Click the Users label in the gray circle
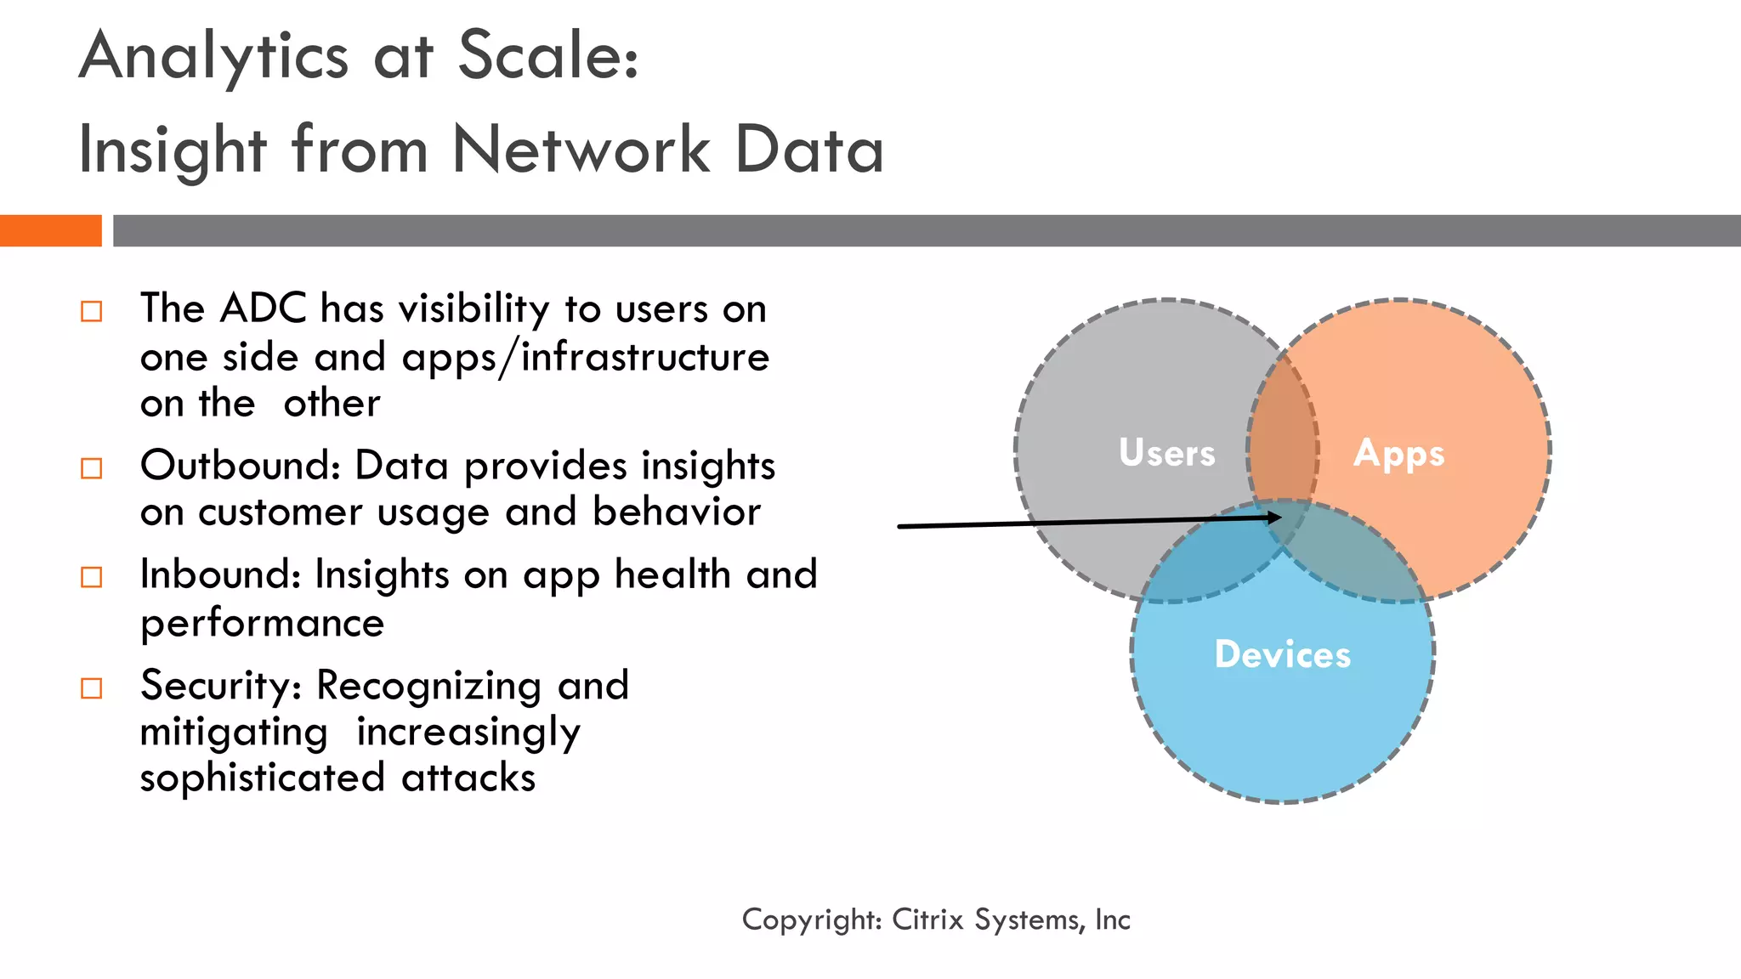click(x=1166, y=452)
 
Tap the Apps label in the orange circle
click(x=1398, y=454)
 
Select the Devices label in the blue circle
click(x=1282, y=654)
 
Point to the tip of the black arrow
click(x=1279, y=517)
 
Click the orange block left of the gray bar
click(x=50, y=230)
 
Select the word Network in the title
click(x=581, y=150)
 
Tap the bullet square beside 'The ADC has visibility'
click(x=91, y=311)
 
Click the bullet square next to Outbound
click(x=91, y=468)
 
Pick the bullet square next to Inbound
click(x=91, y=578)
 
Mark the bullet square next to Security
click(x=91, y=688)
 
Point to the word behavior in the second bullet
click(x=676, y=512)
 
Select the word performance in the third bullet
click(x=262, y=624)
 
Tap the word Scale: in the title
click(x=548, y=56)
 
